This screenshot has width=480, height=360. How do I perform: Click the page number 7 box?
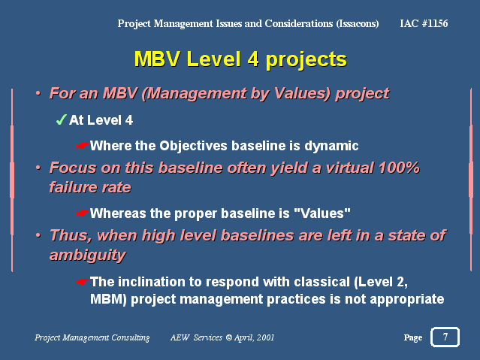[x=445, y=337]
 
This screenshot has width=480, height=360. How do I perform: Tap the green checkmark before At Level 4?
[x=62, y=119]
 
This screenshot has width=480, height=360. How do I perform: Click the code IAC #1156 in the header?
[x=424, y=23]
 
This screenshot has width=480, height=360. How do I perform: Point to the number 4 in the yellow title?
[x=253, y=59]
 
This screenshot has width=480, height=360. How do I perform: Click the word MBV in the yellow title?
[x=157, y=59]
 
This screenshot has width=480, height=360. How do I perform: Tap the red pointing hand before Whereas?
[x=82, y=213]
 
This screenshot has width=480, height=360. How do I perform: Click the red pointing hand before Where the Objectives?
[x=82, y=146]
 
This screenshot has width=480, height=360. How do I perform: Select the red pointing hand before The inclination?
[x=82, y=281]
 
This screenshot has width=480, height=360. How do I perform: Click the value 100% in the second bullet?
[x=399, y=168]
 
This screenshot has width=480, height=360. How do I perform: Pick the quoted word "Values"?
[x=322, y=213]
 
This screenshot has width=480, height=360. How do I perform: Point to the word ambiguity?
[x=88, y=256]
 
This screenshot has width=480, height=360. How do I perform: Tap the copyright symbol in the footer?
[x=229, y=337]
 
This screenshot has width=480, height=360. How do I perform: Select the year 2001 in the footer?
[x=265, y=337]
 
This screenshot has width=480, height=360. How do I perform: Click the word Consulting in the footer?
[x=131, y=337]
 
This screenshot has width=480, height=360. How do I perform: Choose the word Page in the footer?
[x=413, y=337]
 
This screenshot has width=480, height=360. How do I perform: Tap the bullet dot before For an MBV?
[x=38, y=93]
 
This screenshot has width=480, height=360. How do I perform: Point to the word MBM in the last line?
[x=107, y=299]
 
